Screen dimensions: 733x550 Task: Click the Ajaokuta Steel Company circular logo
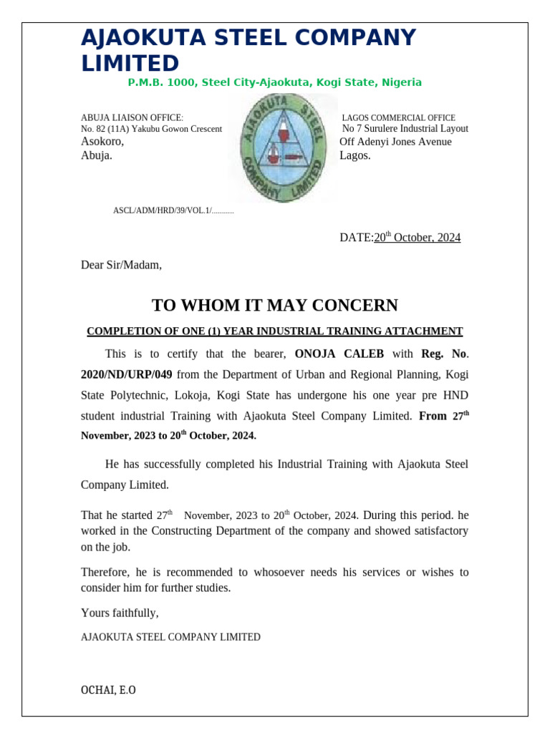click(x=284, y=149)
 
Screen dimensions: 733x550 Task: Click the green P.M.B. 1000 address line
click(x=274, y=83)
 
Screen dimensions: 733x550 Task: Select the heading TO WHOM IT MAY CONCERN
click(x=274, y=306)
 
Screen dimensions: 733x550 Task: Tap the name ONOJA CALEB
click(x=339, y=354)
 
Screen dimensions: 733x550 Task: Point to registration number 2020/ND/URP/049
click(x=126, y=374)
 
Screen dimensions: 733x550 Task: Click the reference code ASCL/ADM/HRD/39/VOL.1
click(x=162, y=211)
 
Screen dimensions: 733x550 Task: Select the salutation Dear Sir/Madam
click(x=121, y=266)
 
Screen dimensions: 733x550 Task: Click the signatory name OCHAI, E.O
click(x=108, y=691)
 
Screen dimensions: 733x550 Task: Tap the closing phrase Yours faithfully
click(x=120, y=613)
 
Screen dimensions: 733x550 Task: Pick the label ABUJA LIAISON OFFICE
click(x=132, y=118)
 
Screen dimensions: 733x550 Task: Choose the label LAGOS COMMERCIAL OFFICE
click(x=398, y=118)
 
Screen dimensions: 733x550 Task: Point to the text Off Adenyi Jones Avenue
click(x=395, y=142)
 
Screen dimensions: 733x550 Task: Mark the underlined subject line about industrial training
click(x=274, y=331)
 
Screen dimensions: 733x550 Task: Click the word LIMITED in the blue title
click(x=130, y=63)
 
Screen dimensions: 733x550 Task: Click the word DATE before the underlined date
click(x=355, y=238)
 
